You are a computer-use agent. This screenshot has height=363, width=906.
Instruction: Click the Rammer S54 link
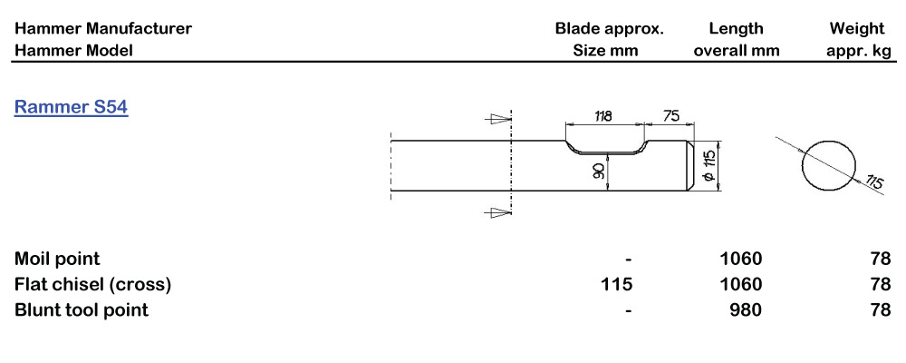[71, 108]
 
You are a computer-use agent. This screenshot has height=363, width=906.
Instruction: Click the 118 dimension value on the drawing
[602, 116]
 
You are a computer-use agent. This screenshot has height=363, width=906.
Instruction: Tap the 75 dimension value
[670, 116]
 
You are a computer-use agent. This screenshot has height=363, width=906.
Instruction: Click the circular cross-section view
[830, 165]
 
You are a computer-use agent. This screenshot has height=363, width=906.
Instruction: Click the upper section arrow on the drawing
[495, 118]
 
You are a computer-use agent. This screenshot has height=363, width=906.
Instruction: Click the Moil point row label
[57, 260]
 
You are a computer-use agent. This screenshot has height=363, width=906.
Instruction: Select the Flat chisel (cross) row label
[92, 285]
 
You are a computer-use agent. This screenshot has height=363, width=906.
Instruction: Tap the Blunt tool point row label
[82, 310]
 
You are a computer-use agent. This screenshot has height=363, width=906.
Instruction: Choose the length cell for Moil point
[740, 260]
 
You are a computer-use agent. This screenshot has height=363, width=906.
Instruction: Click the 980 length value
[746, 310]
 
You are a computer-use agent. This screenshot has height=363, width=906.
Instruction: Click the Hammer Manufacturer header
[103, 29]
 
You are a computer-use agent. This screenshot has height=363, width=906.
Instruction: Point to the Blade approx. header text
[609, 29]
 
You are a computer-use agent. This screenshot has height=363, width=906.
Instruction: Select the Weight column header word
[857, 29]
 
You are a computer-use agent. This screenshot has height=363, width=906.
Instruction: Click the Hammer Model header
[73, 51]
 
